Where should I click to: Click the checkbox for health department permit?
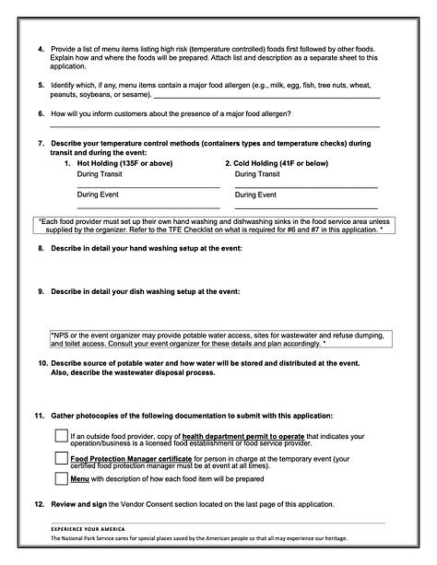pos(61,436)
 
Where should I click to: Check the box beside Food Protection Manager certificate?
pos(61,459)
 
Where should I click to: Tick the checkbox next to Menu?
pos(61,478)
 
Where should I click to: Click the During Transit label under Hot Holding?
pos(101,173)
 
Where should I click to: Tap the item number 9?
pos(41,291)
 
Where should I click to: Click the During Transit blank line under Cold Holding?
pos(306,186)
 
